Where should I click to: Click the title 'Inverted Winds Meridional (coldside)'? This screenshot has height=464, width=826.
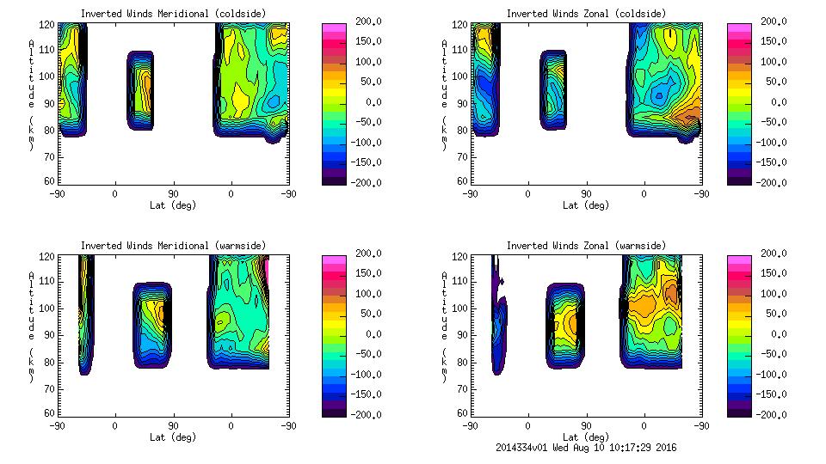click(x=173, y=14)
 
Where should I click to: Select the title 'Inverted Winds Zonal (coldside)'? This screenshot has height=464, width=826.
click(x=586, y=14)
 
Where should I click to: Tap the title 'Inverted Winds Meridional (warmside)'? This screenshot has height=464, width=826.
click(x=173, y=246)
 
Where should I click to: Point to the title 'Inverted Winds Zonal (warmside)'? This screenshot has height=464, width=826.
click(x=586, y=246)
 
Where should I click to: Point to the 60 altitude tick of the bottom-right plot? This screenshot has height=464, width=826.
click(x=462, y=414)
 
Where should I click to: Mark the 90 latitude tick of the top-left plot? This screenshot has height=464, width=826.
click(x=173, y=194)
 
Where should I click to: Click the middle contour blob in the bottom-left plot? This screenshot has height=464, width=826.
click(x=152, y=326)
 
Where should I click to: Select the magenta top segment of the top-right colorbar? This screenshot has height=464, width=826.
click(x=738, y=29)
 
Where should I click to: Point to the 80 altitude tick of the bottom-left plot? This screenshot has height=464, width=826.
click(x=49, y=361)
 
